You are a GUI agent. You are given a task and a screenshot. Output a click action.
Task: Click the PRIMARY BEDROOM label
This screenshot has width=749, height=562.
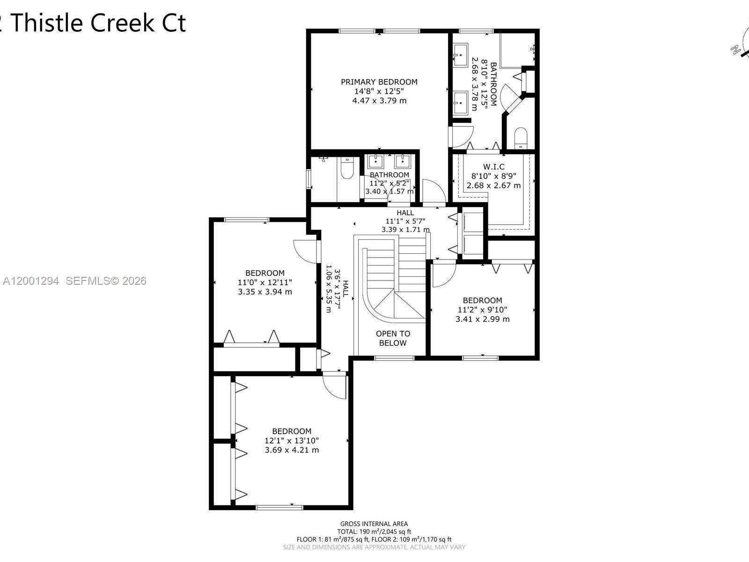(x=379, y=82)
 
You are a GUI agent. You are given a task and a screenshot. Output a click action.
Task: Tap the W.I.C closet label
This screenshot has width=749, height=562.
(x=493, y=167)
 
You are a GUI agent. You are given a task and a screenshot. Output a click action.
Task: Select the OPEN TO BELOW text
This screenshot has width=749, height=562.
(x=393, y=338)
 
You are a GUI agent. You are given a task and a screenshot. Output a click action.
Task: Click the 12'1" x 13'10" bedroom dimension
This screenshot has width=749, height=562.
(x=292, y=441)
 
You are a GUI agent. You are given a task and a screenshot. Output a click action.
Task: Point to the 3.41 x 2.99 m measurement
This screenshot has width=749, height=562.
(x=482, y=319)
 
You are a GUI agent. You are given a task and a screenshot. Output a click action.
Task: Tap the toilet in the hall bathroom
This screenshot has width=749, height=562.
(x=347, y=169)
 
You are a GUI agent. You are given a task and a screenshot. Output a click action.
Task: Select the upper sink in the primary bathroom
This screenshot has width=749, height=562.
(x=460, y=55)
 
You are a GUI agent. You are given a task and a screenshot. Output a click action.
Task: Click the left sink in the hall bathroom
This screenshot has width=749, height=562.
(x=376, y=162)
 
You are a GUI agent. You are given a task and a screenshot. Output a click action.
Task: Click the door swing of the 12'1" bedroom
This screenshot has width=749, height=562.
(x=334, y=387)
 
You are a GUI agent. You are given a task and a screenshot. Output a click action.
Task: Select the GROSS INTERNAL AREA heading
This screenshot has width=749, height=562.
(x=374, y=524)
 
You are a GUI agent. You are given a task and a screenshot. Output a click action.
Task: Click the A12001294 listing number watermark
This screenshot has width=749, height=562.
(x=31, y=281)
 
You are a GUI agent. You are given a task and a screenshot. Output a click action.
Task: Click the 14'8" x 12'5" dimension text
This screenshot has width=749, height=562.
(x=379, y=91)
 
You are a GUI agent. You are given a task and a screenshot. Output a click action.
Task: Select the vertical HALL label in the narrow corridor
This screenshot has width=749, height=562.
(x=345, y=289)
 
